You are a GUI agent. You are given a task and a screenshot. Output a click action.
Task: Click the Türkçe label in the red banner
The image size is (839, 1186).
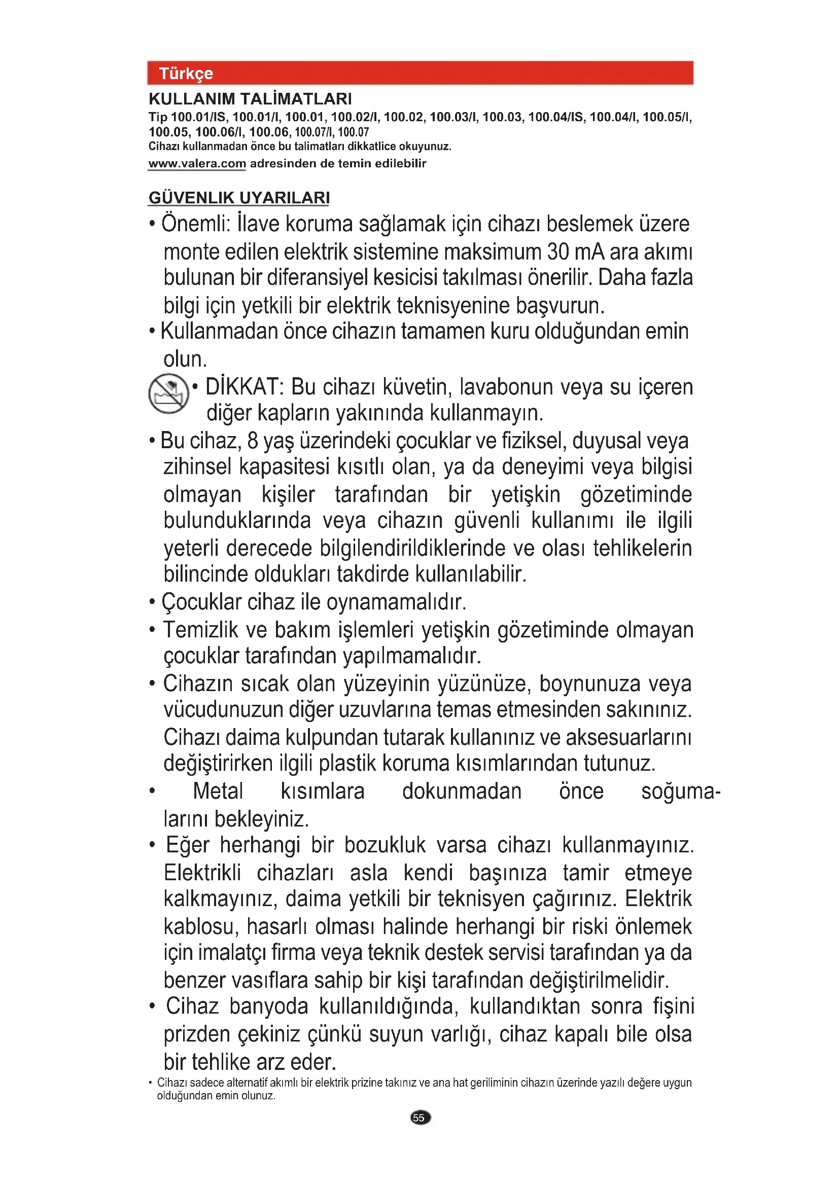[x=186, y=74]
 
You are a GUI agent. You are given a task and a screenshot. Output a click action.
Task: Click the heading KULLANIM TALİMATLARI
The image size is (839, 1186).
[x=250, y=99]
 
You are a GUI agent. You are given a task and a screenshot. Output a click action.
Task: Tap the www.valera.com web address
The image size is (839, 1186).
[x=197, y=164]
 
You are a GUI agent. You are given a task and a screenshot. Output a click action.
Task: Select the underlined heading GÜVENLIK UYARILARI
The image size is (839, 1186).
[x=239, y=198]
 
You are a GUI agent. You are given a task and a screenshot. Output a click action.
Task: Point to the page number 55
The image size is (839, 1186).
[x=419, y=1118]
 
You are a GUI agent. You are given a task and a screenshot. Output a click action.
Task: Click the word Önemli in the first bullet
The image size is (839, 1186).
[x=195, y=224]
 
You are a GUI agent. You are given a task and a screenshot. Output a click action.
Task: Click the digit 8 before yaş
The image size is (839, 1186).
[x=253, y=441]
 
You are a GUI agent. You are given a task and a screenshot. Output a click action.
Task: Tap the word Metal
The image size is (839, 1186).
[x=218, y=792]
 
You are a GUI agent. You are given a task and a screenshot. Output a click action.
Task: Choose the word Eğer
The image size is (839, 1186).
[x=188, y=846]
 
